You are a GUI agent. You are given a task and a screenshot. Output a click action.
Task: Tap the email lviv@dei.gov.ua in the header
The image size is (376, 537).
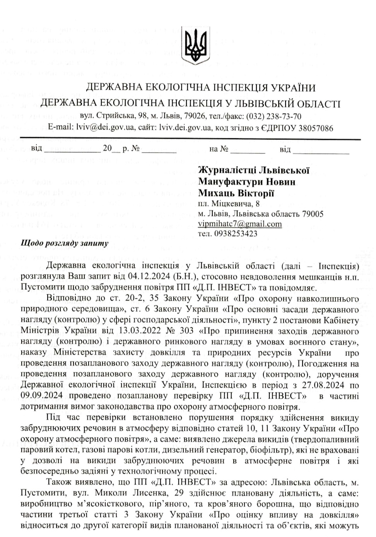103,127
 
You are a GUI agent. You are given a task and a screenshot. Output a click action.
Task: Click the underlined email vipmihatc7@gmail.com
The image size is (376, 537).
239,224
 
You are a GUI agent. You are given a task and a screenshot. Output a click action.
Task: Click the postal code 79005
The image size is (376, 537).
313,214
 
